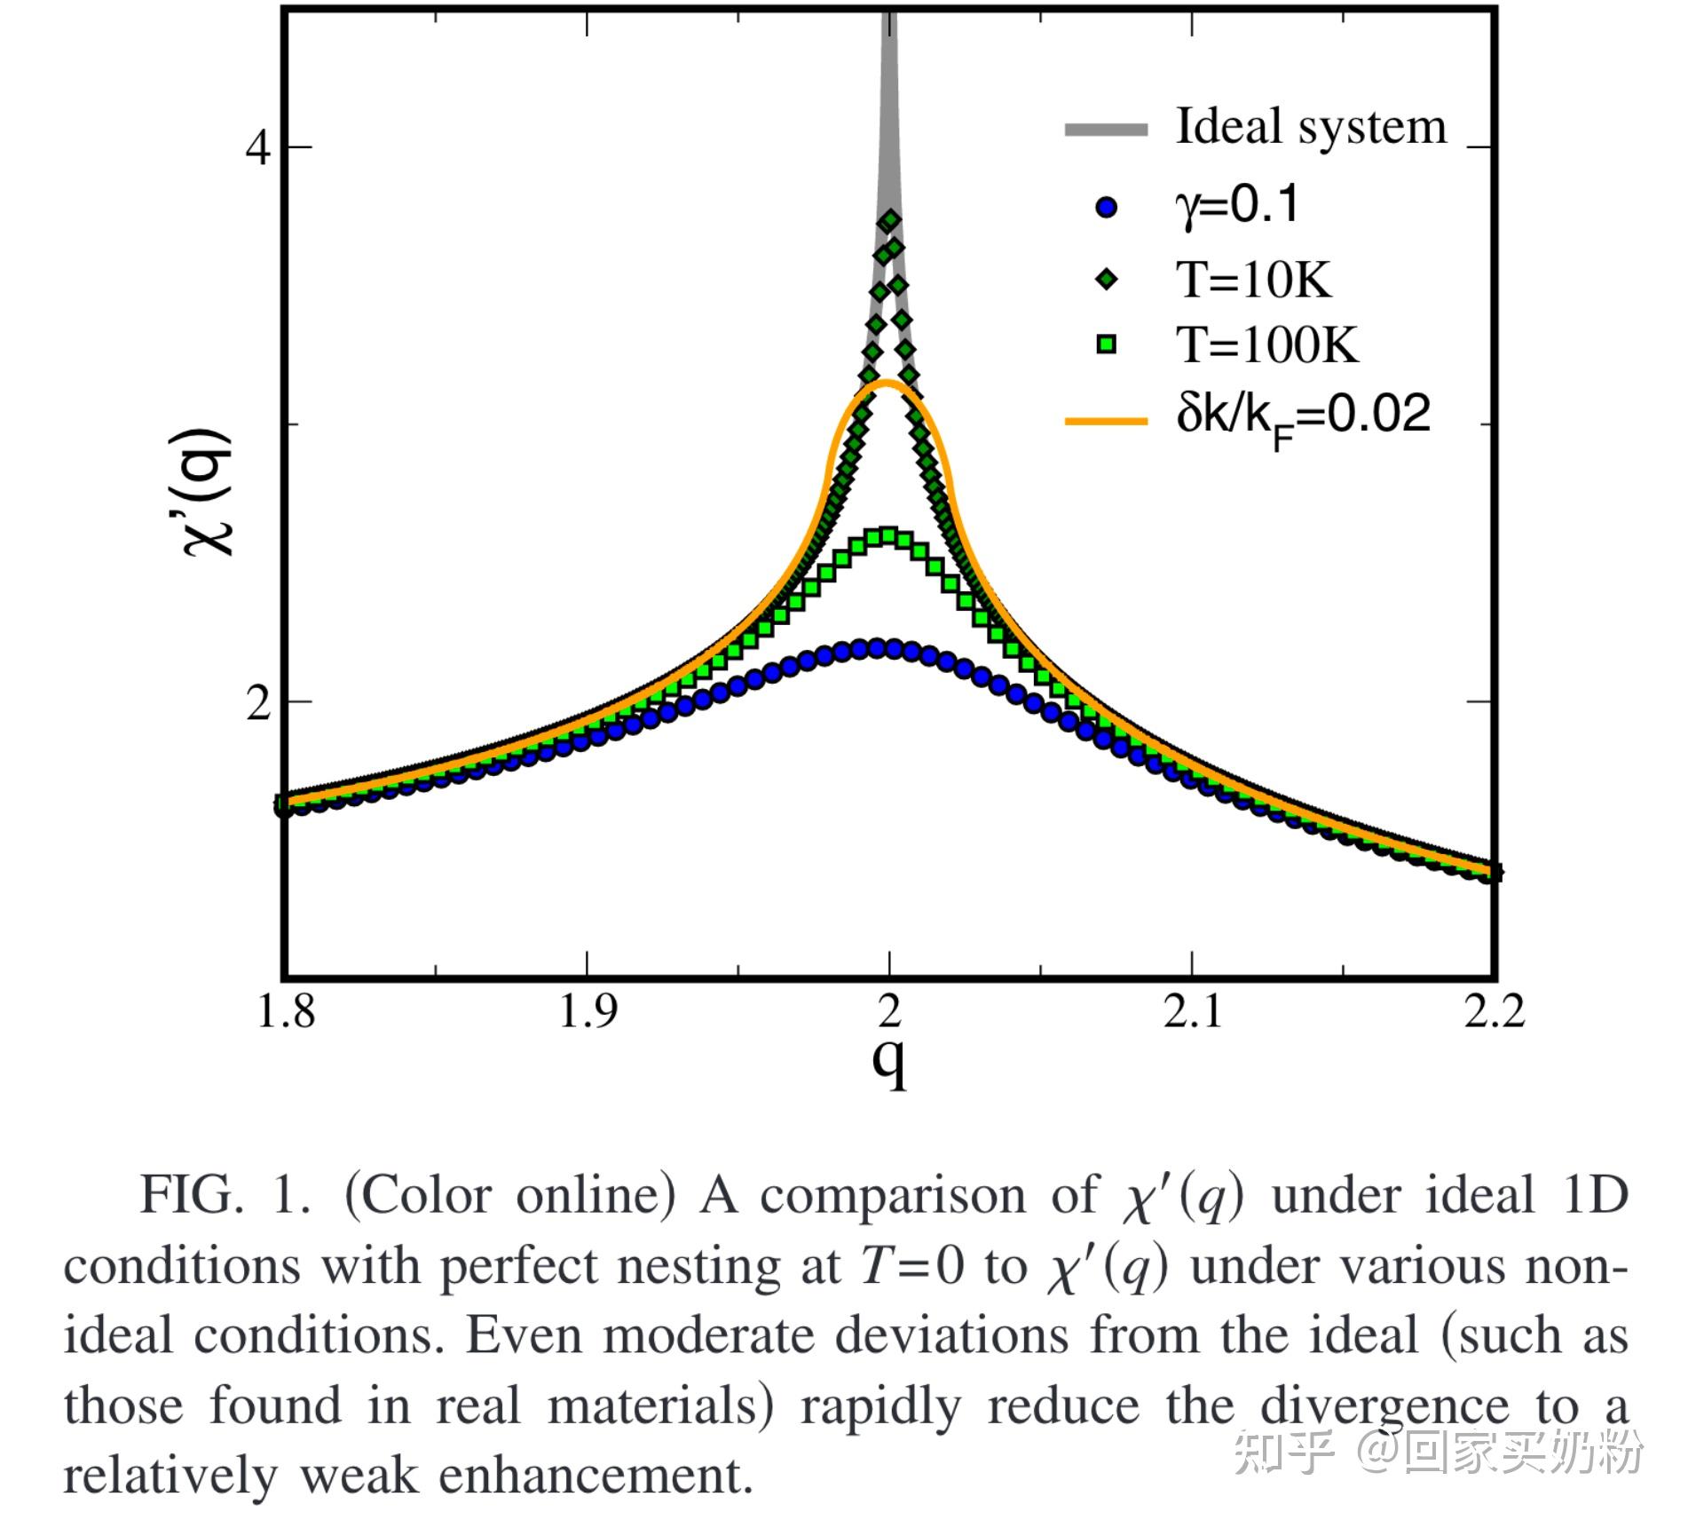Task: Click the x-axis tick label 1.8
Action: [x=285, y=1010]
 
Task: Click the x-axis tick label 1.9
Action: [x=587, y=1010]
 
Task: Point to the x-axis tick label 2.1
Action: [x=1192, y=1010]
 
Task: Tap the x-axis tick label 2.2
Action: [x=1494, y=1010]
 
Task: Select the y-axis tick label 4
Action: [x=257, y=148]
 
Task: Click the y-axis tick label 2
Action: [x=257, y=705]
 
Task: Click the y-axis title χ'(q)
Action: [x=209, y=493]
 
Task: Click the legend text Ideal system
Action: [x=1311, y=127]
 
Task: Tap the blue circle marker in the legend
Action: [x=1107, y=208]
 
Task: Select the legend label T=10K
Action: [x=1254, y=280]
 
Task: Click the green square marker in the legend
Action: [x=1107, y=344]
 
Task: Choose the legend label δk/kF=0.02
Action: [x=1303, y=416]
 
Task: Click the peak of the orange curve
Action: [x=887, y=383]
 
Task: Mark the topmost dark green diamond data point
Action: [x=889, y=220]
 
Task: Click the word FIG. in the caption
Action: [x=191, y=1195]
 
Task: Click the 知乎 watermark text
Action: [x=1283, y=1453]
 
